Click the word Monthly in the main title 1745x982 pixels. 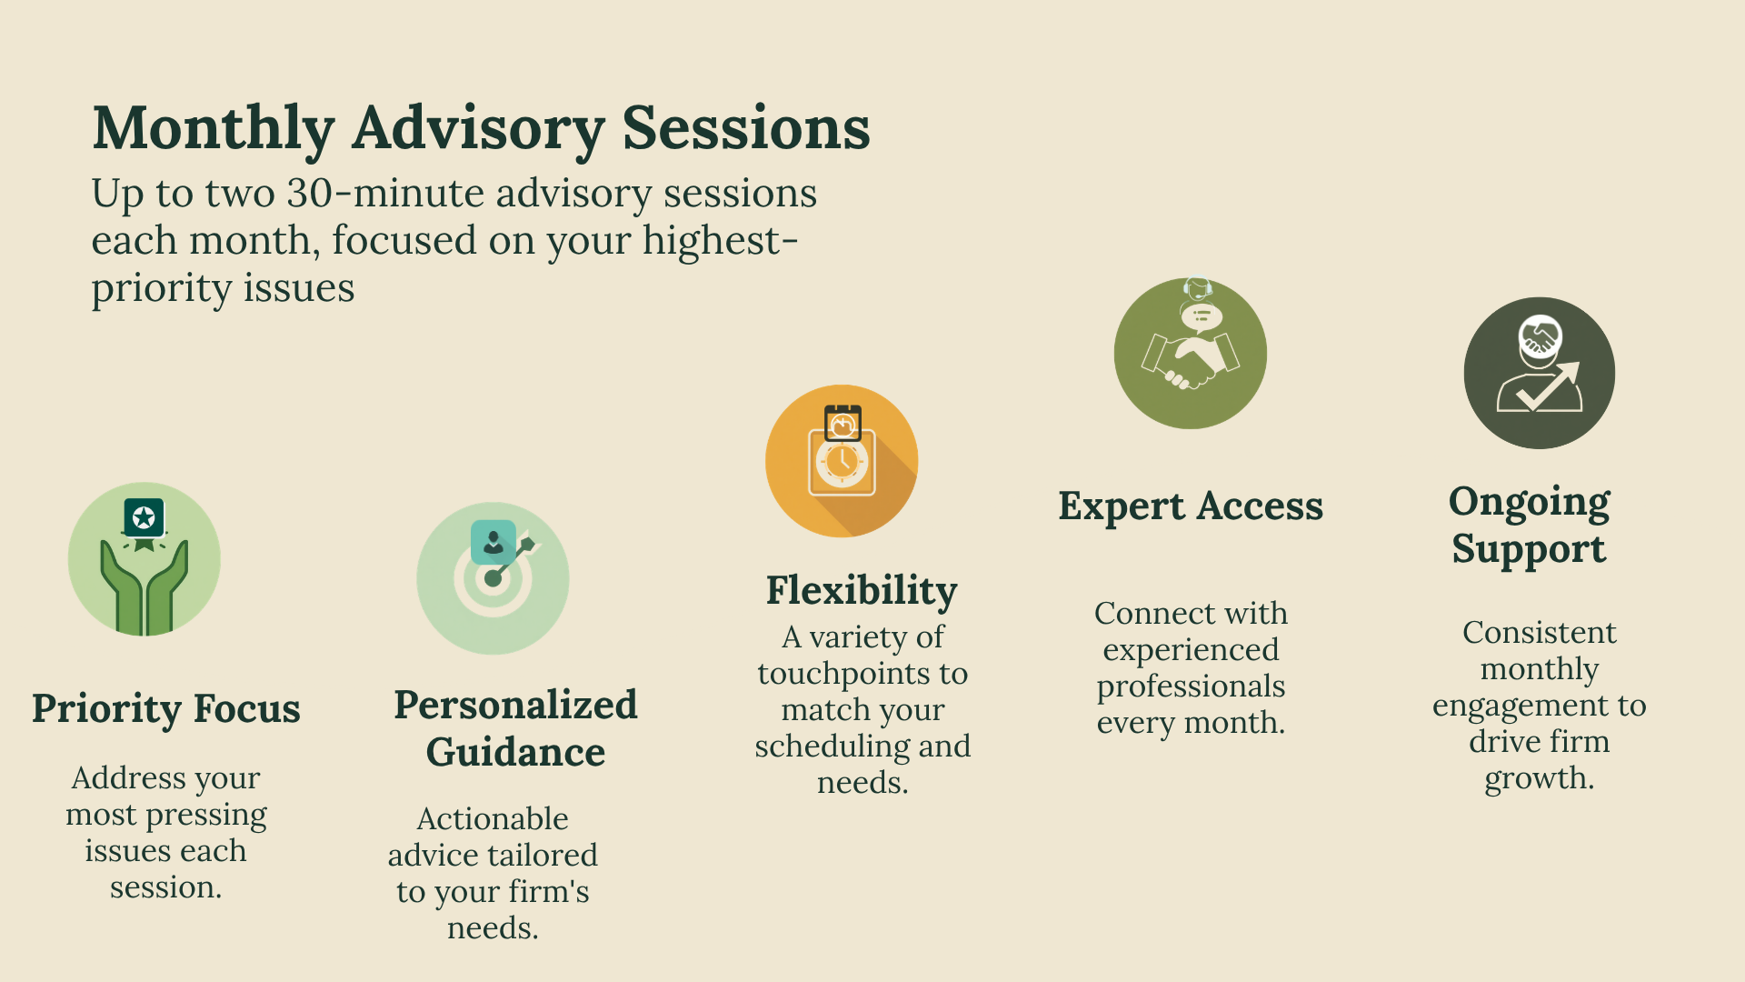[x=214, y=129]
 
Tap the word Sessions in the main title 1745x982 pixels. [x=746, y=127]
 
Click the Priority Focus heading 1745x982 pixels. [x=166, y=708]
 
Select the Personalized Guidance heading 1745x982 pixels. [x=515, y=728]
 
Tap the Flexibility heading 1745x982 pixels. [x=862, y=591]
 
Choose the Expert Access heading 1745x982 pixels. [x=1191, y=506]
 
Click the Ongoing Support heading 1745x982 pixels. [x=1530, y=526]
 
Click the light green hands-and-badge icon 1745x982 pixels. [x=145, y=559]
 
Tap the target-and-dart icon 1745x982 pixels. [x=493, y=578]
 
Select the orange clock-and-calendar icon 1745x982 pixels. [x=842, y=461]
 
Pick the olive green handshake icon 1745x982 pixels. [x=1191, y=353]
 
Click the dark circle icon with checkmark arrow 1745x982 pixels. [x=1540, y=373]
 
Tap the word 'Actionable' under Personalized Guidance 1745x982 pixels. [x=493, y=819]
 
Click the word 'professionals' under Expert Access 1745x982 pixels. [x=1191, y=687]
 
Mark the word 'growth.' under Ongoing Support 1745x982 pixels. [x=1540, y=779]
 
